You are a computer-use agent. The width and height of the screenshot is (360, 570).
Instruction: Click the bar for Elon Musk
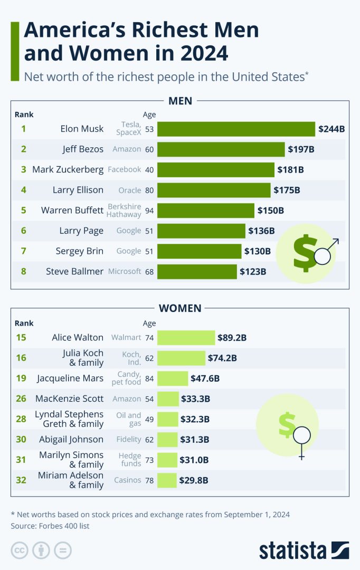click(x=236, y=129)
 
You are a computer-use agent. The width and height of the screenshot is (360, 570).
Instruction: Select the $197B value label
click(x=301, y=149)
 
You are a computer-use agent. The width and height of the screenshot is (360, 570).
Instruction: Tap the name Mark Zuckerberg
click(x=68, y=169)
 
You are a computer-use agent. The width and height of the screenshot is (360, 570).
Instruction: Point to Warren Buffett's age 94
click(x=149, y=211)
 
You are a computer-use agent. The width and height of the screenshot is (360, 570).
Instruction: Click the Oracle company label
click(x=129, y=190)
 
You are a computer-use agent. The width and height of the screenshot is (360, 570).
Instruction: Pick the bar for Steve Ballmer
click(x=197, y=272)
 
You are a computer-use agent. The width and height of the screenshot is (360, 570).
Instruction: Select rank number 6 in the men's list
click(x=23, y=231)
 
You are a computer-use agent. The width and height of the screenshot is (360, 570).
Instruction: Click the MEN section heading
click(x=180, y=100)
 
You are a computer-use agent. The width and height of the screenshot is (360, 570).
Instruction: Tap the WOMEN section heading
click(x=180, y=308)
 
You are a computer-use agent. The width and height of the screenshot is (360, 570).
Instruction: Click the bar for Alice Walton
click(x=186, y=338)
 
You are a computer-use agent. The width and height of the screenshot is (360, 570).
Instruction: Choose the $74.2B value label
click(x=222, y=358)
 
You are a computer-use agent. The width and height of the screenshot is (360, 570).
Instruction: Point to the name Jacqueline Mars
click(x=70, y=378)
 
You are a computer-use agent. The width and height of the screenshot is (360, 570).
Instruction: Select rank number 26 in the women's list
click(x=21, y=398)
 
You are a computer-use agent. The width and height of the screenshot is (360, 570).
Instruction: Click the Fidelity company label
click(x=129, y=439)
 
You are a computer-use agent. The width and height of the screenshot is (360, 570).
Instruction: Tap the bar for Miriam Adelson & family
click(x=167, y=480)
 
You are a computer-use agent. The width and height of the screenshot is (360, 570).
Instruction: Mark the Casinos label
click(x=128, y=480)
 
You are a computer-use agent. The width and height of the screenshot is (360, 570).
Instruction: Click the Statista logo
click(x=304, y=550)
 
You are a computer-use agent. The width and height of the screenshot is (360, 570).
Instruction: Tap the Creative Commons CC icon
click(x=20, y=550)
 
